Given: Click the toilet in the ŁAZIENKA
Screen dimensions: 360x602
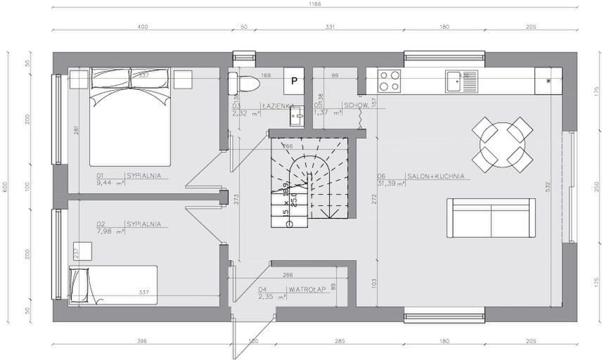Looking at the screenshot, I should (x=248, y=83).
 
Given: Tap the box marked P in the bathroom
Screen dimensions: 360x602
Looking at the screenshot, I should (x=294, y=82).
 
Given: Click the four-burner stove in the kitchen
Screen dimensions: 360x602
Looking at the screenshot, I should (x=390, y=81).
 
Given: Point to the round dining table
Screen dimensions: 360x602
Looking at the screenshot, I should (x=501, y=144).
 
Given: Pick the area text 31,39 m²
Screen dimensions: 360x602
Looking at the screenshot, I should (x=390, y=184).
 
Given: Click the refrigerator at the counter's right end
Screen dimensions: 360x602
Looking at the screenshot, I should (x=548, y=80).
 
